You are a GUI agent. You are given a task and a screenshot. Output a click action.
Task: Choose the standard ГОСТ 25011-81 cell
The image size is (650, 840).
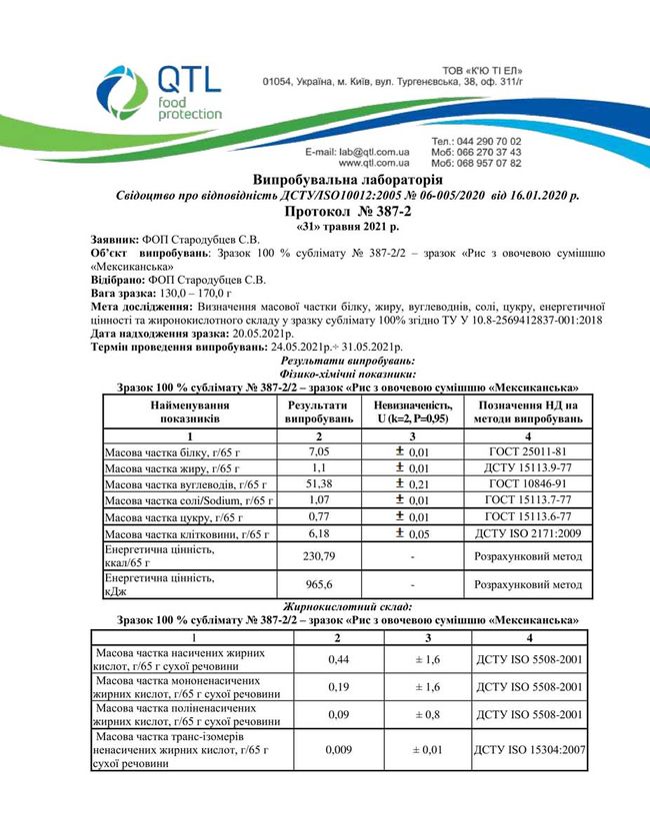(x=528, y=452)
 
